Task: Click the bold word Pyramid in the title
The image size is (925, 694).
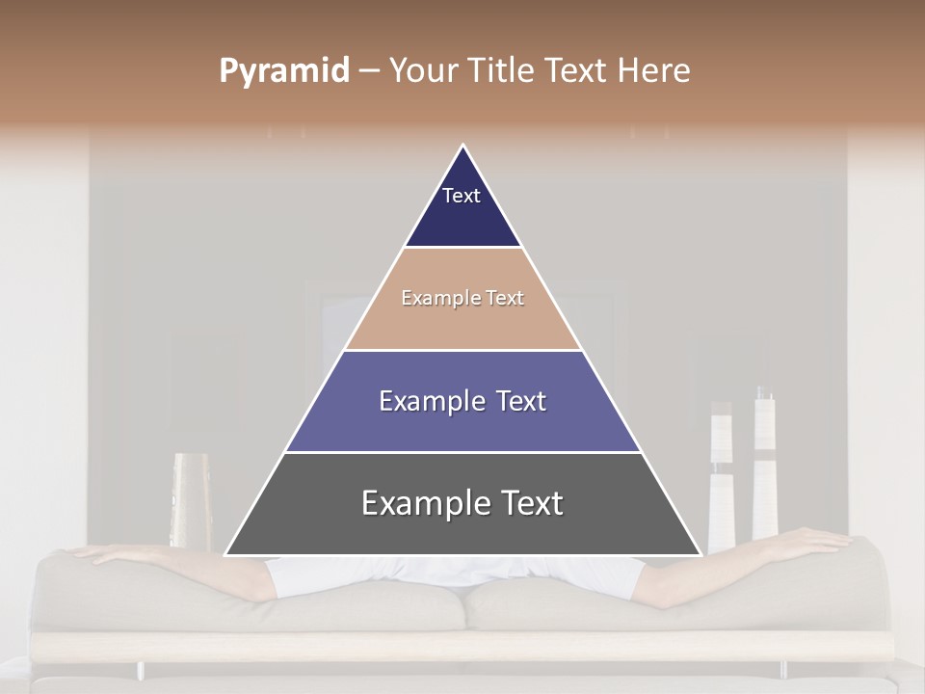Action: [x=283, y=71]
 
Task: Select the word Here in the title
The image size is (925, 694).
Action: [x=654, y=71]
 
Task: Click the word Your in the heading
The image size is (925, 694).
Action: [x=422, y=71]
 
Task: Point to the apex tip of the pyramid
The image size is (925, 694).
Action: [x=463, y=147]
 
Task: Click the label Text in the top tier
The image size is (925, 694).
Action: [x=462, y=196]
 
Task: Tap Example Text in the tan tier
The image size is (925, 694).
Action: [x=462, y=298]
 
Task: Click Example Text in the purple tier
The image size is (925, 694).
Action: [x=462, y=401]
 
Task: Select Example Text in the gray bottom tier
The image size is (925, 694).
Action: [x=462, y=503]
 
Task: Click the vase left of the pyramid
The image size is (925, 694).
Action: [x=190, y=500]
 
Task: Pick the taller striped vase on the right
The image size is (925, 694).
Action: [x=765, y=463]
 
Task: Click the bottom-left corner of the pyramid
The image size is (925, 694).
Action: [x=226, y=554]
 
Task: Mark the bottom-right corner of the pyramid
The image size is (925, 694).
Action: [x=700, y=554]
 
